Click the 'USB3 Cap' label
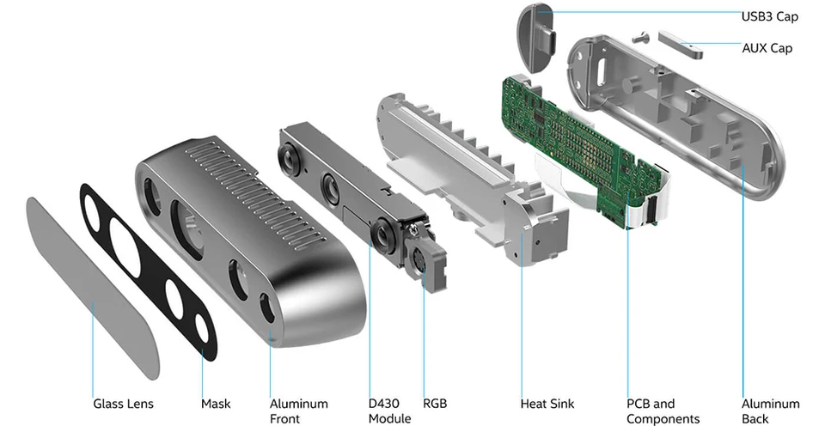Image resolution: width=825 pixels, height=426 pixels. (x=770, y=16)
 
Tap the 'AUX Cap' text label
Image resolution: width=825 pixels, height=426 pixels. (x=767, y=48)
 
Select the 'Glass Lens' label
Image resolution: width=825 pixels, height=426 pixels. (x=124, y=404)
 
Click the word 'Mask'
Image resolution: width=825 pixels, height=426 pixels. (x=216, y=404)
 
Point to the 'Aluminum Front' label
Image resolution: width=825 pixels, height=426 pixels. (x=298, y=411)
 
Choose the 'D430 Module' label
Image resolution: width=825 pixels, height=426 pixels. (x=389, y=411)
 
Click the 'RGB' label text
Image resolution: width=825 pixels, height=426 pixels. (x=435, y=404)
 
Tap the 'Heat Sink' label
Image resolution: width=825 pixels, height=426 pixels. (x=547, y=404)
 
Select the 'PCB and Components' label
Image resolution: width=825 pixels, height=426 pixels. (x=663, y=411)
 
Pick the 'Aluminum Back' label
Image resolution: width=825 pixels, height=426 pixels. (x=770, y=411)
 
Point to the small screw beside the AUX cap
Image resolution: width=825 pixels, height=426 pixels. (x=639, y=37)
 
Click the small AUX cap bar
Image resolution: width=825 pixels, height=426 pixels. (x=681, y=42)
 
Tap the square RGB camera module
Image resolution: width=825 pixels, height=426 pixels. (x=425, y=261)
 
